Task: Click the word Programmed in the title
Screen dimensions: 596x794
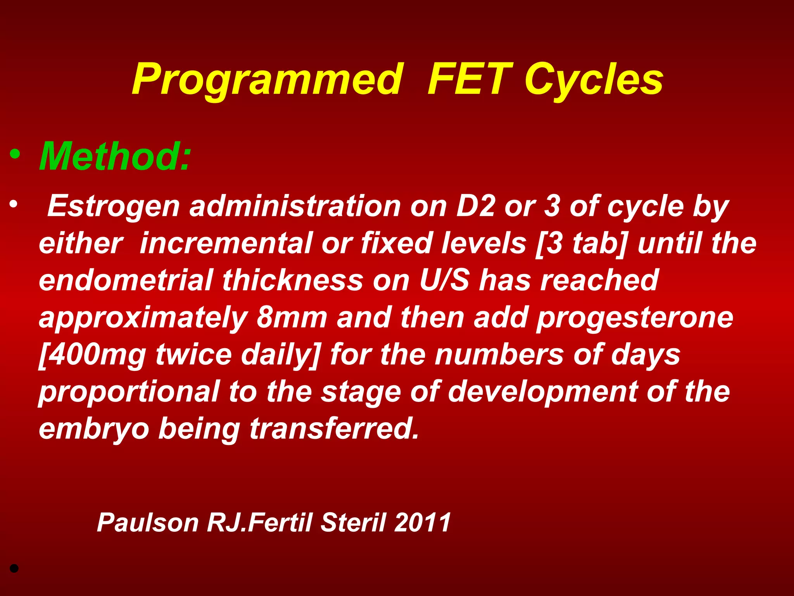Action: (x=267, y=80)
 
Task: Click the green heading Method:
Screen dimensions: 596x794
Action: (x=115, y=156)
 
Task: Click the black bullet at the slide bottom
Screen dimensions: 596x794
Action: (x=14, y=569)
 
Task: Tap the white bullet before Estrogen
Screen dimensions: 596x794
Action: (x=14, y=204)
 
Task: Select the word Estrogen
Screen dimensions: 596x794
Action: (x=113, y=206)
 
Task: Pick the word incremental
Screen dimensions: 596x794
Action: (x=226, y=243)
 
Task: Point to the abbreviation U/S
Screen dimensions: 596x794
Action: (x=444, y=280)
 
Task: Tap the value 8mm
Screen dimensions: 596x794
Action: (x=292, y=317)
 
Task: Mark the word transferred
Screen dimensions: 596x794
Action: (x=334, y=428)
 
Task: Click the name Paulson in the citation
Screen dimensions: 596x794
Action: (x=148, y=522)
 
